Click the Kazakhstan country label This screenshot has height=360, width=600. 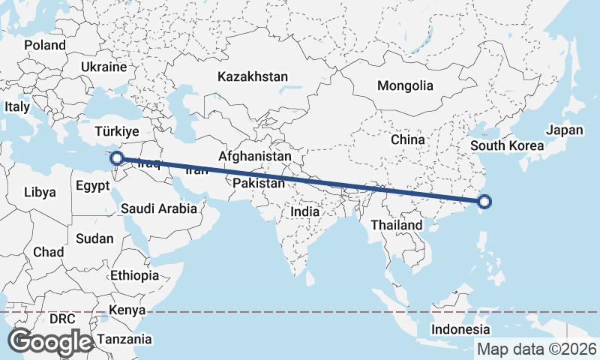click(253, 76)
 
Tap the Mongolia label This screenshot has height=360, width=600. click(405, 85)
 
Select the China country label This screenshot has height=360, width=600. click(407, 139)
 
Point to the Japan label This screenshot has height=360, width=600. click(564, 130)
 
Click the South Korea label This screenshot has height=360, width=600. click(507, 145)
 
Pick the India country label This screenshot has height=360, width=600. click(305, 211)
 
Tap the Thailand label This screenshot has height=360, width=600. click(396, 225)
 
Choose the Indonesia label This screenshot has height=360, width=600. click(460, 329)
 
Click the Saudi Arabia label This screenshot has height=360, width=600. click(158, 208)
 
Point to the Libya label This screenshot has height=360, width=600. click(40, 192)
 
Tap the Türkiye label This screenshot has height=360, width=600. click(117, 132)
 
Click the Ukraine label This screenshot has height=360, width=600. click(104, 67)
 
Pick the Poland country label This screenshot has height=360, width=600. click(45, 45)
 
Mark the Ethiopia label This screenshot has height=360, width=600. click(134, 275)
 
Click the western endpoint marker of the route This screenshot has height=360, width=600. click(116, 158)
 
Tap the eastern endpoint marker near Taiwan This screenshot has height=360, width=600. click(484, 201)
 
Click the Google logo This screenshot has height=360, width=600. click(49, 342)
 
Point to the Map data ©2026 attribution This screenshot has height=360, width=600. click(537, 349)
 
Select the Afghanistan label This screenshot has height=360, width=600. click(254, 156)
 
